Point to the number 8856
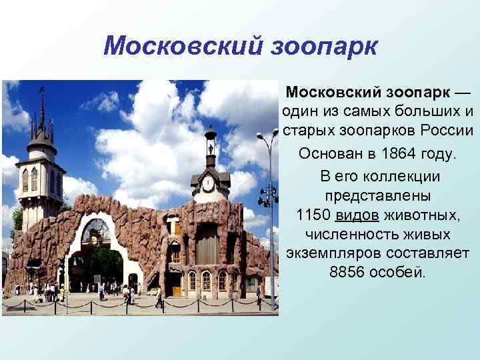[x=350, y=273]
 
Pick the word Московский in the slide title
[x=175, y=47]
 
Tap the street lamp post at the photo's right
[x=271, y=220]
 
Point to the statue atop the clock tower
[x=211, y=133]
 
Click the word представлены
[x=378, y=197]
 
